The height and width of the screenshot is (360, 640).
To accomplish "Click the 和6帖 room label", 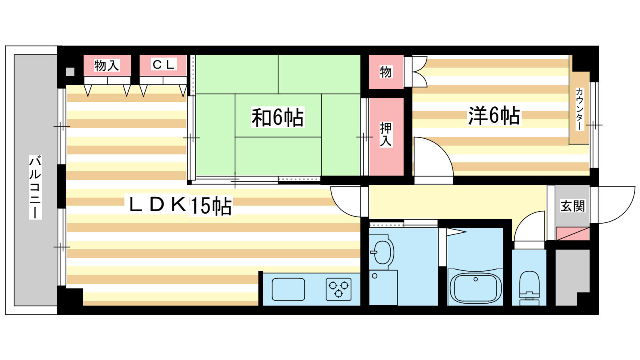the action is (278, 117).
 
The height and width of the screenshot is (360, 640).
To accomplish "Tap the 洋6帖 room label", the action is (494, 116).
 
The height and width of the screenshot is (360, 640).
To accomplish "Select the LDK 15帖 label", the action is (180, 205).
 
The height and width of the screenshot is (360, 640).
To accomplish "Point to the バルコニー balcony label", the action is (36, 187).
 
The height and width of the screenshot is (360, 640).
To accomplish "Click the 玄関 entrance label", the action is (572, 206).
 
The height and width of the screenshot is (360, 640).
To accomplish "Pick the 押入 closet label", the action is (386, 134).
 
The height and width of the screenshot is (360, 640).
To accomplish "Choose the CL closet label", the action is (163, 64).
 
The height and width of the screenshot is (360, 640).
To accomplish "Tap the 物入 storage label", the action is (106, 66).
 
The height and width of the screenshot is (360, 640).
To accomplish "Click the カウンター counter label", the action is (579, 109).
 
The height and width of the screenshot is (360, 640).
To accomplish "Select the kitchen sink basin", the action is (288, 289).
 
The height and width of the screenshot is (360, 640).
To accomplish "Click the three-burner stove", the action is (338, 289).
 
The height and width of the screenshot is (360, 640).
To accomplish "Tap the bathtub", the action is (476, 288).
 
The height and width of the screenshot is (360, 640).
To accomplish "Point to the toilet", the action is (529, 288).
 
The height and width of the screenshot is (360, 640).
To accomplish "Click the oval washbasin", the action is (382, 252).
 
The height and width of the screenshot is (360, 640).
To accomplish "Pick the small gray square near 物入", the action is (70, 72).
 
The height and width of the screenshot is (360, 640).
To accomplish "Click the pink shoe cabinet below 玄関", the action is (572, 234).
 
